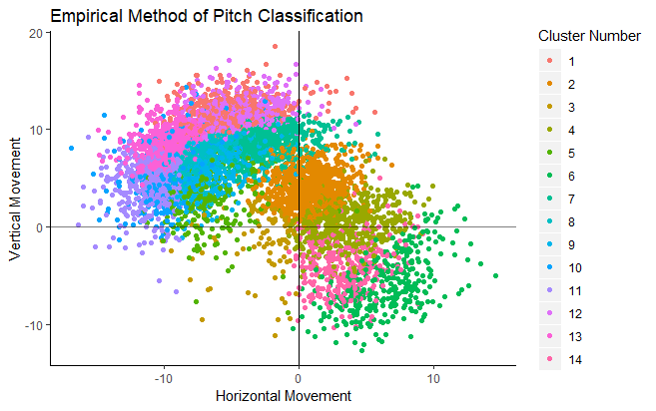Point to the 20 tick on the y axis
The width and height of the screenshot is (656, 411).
(x=36, y=32)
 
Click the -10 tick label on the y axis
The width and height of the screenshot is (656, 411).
(x=33, y=325)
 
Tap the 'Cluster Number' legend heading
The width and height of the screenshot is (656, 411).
(x=589, y=36)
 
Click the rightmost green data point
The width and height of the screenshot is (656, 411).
(x=496, y=276)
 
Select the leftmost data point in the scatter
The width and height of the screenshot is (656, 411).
(x=71, y=149)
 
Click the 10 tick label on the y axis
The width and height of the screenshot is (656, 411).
(x=36, y=130)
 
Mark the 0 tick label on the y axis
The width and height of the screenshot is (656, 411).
(x=39, y=227)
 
